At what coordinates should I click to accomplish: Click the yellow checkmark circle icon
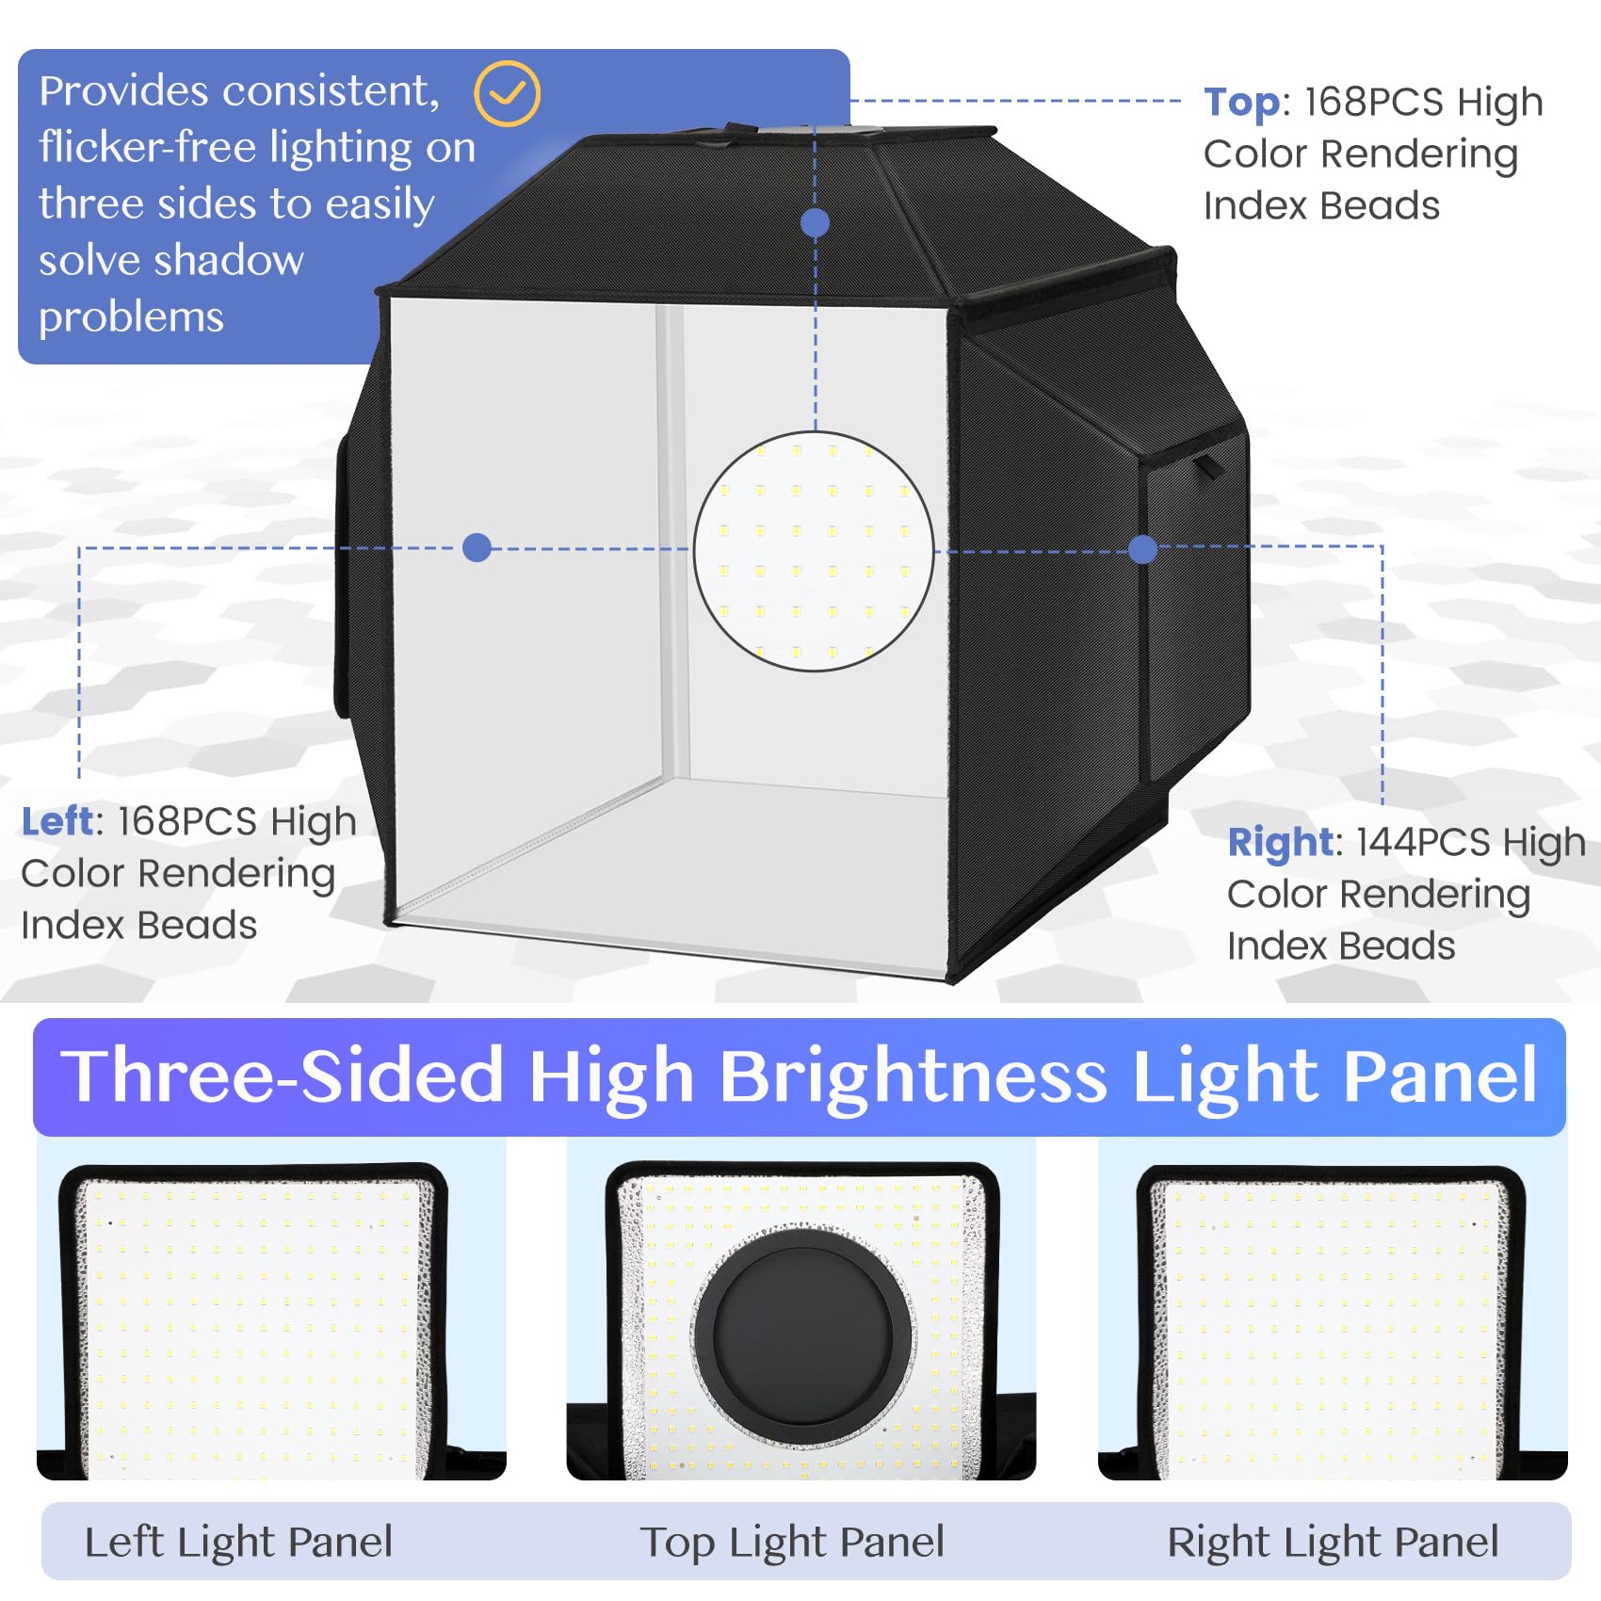[507, 93]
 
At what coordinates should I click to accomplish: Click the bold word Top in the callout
[1241, 102]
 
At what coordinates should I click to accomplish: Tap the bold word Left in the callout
[57, 821]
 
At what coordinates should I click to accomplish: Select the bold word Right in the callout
[1280, 842]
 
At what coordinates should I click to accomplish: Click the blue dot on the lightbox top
[815, 223]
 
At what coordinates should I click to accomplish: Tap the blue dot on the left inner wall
[477, 547]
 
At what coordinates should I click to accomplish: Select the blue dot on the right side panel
[1142, 549]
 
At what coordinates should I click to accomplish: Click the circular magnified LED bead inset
[814, 551]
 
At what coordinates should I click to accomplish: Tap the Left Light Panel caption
[238, 1542]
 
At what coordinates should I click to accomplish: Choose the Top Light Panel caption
[792, 1542]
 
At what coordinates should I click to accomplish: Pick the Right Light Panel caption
[1333, 1542]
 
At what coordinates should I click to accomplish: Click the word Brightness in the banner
[913, 1076]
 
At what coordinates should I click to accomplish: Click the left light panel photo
[254, 1318]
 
